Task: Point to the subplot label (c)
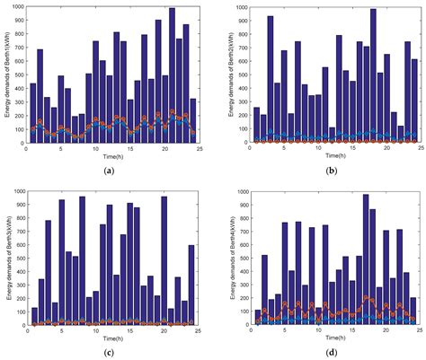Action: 110,351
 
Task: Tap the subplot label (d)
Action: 321,351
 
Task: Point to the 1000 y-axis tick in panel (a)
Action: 18,7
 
